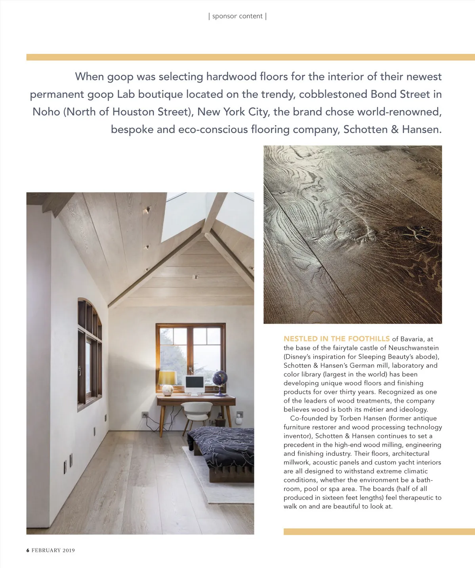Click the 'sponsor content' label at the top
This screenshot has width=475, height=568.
tap(237, 16)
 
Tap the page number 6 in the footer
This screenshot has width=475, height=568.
tap(28, 550)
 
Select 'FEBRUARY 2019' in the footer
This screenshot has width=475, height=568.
tap(53, 550)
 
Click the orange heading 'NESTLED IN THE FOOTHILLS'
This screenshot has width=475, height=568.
tap(336, 339)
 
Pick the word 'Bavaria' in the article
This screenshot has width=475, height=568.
tap(412, 339)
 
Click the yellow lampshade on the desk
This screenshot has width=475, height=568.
tap(167, 377)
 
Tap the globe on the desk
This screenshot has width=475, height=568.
tap(220, 378)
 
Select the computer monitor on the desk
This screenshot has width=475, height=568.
tap(195, 383)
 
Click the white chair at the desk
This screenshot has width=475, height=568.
tap(195, 412)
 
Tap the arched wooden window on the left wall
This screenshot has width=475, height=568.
tap(90, 353)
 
